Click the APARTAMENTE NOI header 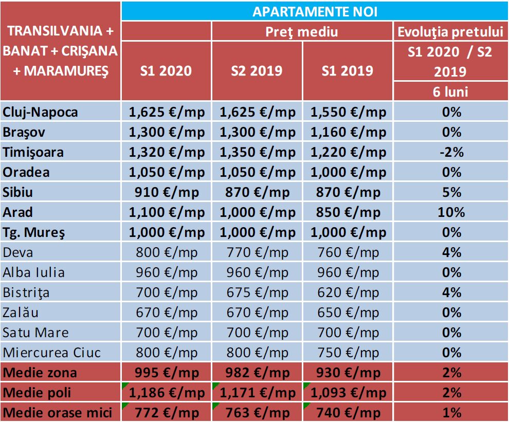[315, 12]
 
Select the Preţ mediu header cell [302, 32]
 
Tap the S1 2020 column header [166, 70]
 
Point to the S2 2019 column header [257, 70]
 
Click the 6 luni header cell [450, 92]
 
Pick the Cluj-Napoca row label [41, 112]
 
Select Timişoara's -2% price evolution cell [450, 152]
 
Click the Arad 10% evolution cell [450, 212]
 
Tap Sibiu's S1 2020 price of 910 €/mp [166, 192]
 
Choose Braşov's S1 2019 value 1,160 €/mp [348, 132]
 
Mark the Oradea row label [26, 172]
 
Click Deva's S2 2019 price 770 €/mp [257, 252]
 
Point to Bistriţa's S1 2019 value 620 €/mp [348, 292]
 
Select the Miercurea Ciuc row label [52, 353]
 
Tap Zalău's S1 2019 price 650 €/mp [348, 313]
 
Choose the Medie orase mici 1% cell [450, 412]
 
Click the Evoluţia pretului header [450, 32]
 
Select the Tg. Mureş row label [34, 232]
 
